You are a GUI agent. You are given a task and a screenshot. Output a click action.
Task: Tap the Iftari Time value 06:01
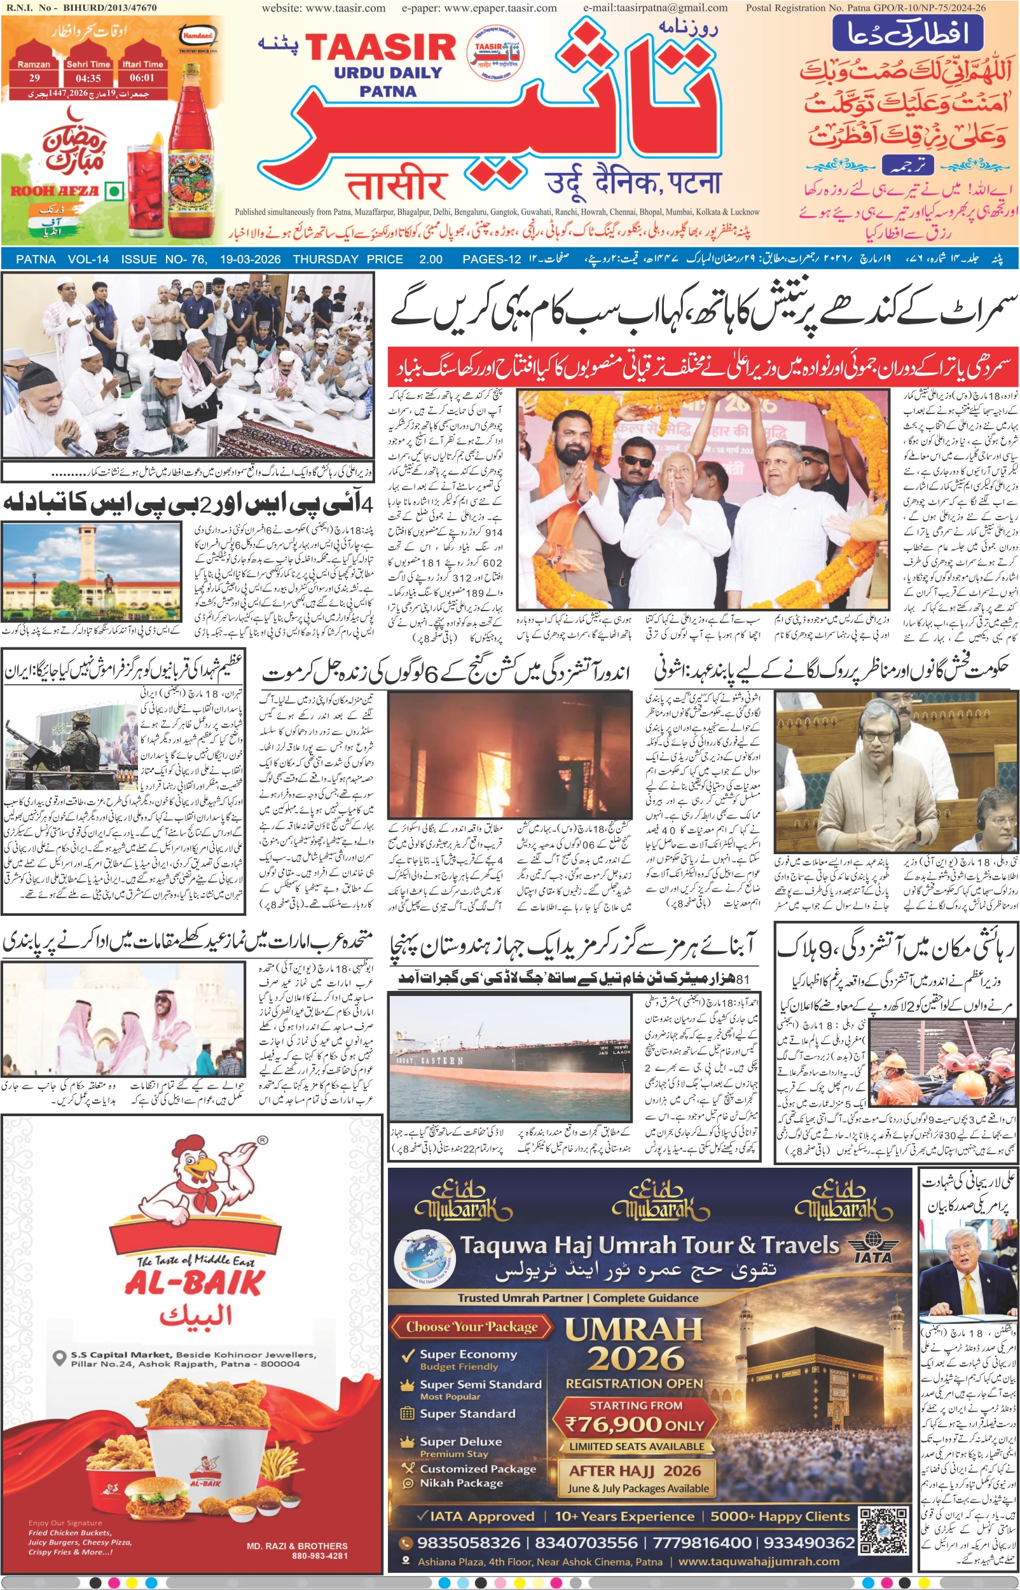click(142, 78)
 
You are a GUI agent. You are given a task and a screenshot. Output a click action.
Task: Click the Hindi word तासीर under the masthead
click(396, 185)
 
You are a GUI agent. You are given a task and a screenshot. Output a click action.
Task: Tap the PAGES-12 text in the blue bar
click(492, 259)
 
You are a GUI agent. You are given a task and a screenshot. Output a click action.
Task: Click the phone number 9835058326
click(469, 1542)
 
